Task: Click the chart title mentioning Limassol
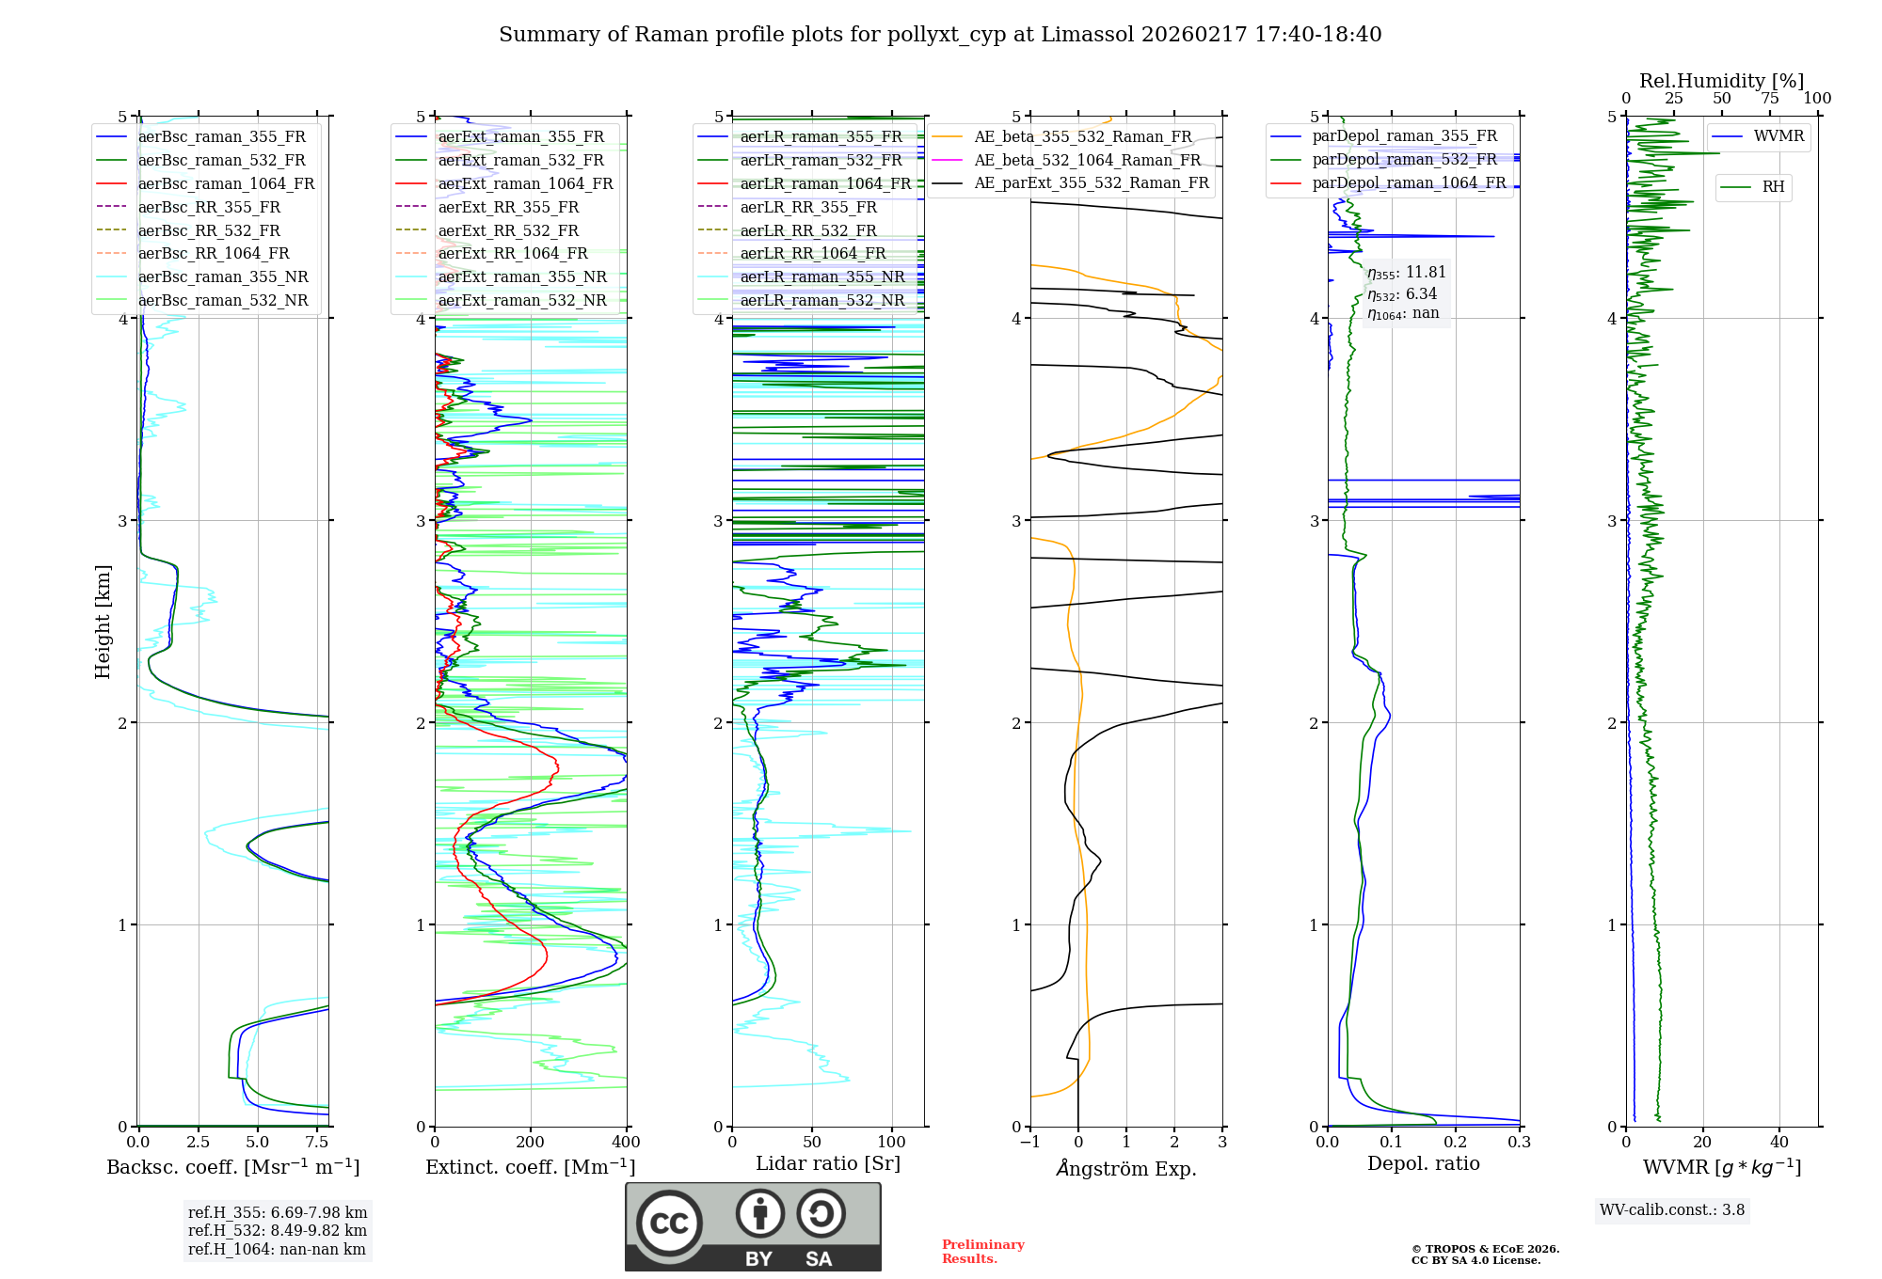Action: coord(940,35)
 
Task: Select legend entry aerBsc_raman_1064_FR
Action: coord(226,183)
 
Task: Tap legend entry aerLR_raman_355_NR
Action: coord(821,276)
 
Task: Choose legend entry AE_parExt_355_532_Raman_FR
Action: coord(1092,182)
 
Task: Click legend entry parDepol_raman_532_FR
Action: coord(1404,159)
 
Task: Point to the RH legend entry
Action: coord(1773,187)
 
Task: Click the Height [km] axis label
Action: coord(103,621)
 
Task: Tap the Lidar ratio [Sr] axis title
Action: coord(828,1163)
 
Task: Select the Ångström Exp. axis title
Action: coord(1126,1168)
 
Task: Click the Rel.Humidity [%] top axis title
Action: coord(1721,81)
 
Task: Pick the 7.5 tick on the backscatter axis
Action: coord(317,1143)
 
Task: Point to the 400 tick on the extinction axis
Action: coord(626,1143)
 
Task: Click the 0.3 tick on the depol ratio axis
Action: coord(1519,1143)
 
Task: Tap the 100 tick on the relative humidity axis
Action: coord(1817,99)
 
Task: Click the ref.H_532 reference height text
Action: coord(277,1230)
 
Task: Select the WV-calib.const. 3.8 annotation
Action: coord(1672,1210)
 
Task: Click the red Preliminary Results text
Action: coord(982,1252)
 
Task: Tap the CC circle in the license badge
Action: coord(669,1224)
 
